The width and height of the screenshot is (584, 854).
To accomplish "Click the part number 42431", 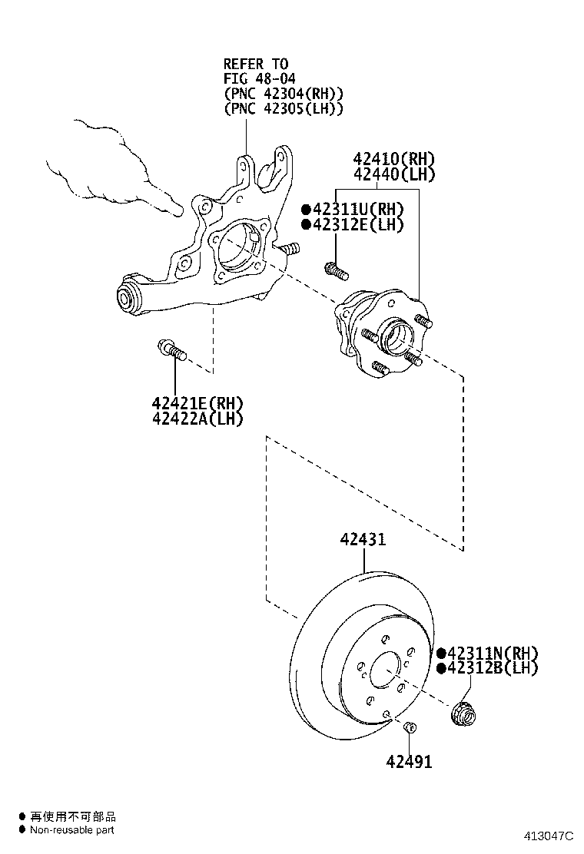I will click(x=363, y=540).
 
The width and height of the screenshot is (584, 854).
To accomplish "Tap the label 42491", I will click(x=409, y=762).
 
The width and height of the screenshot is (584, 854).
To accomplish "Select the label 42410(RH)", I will click(x=393, y=160).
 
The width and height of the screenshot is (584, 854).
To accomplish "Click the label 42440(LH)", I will click(x=393, y=175).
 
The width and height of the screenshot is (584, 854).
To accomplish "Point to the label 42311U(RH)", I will click(x=357, y=209).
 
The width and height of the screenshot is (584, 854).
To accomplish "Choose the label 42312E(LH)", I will click(x=357, y=224).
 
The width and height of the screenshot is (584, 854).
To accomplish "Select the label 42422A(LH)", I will click(x=197, y=419).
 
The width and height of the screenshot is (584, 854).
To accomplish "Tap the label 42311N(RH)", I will click(x=492, y=653).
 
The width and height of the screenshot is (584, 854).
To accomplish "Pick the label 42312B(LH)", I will click(x=492, y=668).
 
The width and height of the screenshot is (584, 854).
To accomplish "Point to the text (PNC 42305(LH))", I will click(x=283, y=108).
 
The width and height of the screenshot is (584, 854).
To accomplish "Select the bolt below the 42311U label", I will click(x=336, y=270).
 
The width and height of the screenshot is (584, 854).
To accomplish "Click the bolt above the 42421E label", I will click(x=172, y=351).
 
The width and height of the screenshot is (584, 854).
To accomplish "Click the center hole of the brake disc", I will click(x=384, y=670).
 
